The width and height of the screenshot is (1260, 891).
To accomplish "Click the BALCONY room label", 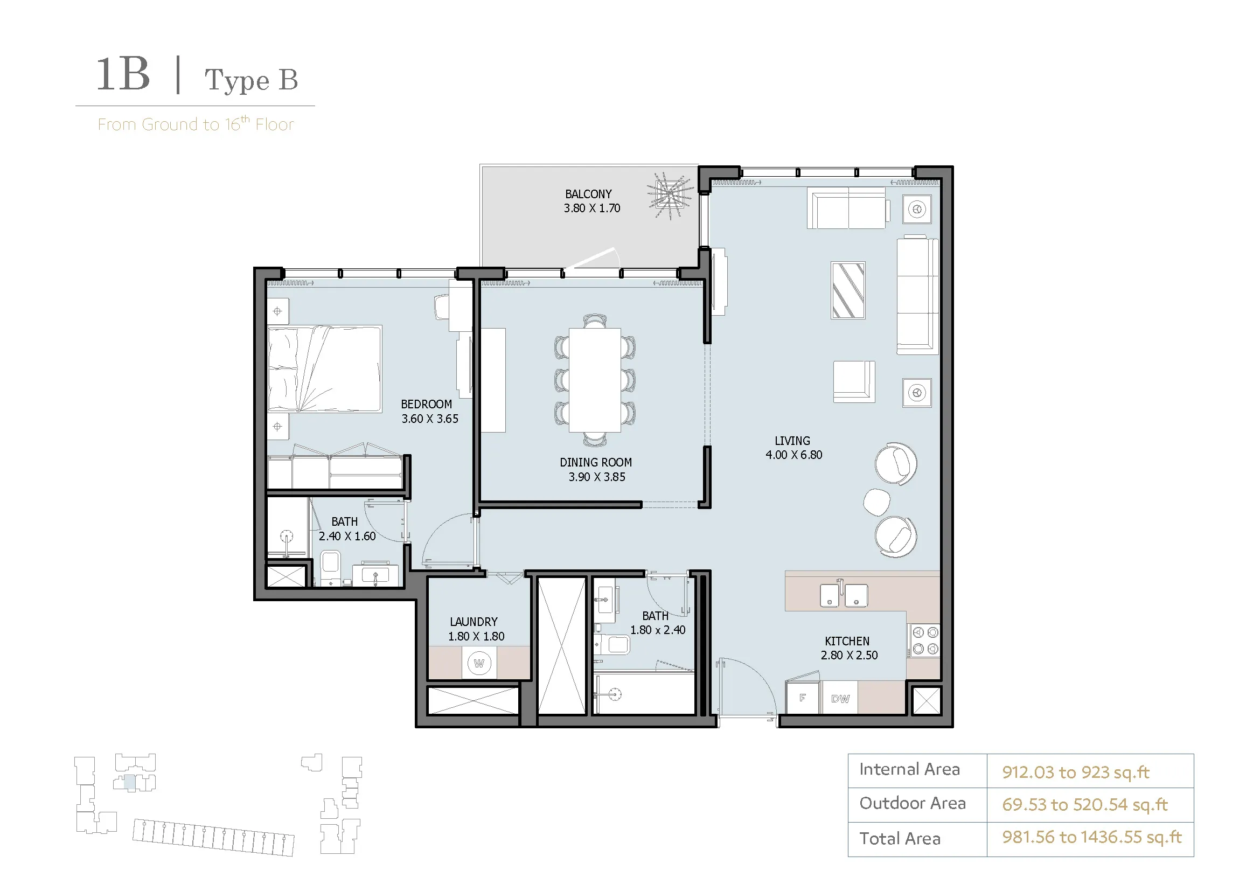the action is pyautogui.click(x=588, y=194).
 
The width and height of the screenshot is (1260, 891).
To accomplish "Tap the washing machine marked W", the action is pyautogui.click(x=479, y=663).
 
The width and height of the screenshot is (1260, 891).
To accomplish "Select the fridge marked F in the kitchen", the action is pyautogui.click(x=803, y=697).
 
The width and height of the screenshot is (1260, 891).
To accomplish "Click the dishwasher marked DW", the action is pyautogui.click(x=840, y=698).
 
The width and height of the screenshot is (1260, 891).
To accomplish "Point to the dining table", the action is pyautogui.click(x=595, y=380).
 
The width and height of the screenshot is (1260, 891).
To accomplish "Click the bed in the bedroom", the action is pyautogui.click(x=324, y=368).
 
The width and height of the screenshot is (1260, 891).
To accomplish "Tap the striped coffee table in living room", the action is pyautogui.click(x=848, y=290).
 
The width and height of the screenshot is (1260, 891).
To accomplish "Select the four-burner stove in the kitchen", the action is pyautogui.click(x=925, y=641).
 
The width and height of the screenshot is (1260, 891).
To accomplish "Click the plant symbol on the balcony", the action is pyautogui.click(x=670, y=196).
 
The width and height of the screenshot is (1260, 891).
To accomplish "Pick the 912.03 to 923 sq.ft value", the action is pyautogui.click(x=1076, y=772).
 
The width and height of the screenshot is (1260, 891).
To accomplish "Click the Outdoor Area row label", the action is pyautogui.click(x=912, y=803).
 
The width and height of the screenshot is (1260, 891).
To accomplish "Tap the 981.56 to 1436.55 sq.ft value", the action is pyautogui.click(x=1092, y=837).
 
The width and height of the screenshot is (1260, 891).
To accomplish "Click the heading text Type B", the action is pyautogui.click(x=252, y=80).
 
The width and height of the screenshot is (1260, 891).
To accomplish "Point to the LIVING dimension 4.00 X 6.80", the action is pyautogui.click(x=793, y=455).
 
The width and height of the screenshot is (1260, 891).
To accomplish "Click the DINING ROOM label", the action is pyautogui.click(x=595, y=463).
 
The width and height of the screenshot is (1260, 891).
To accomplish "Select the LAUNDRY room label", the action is pyautogui.click(x=474, y=622).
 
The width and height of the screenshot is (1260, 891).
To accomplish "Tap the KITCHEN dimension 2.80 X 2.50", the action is pyautogui.click(x=849, y=655).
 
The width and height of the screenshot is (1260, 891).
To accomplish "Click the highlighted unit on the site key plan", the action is pyautogui.click(x=129, y=783).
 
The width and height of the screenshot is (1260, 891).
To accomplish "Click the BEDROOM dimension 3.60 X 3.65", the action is pyautogui.click(x=430, y=419).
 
